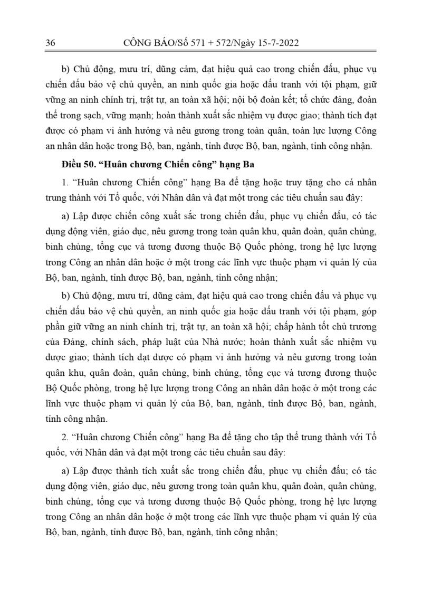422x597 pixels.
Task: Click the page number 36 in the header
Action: tap(51, 43)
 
